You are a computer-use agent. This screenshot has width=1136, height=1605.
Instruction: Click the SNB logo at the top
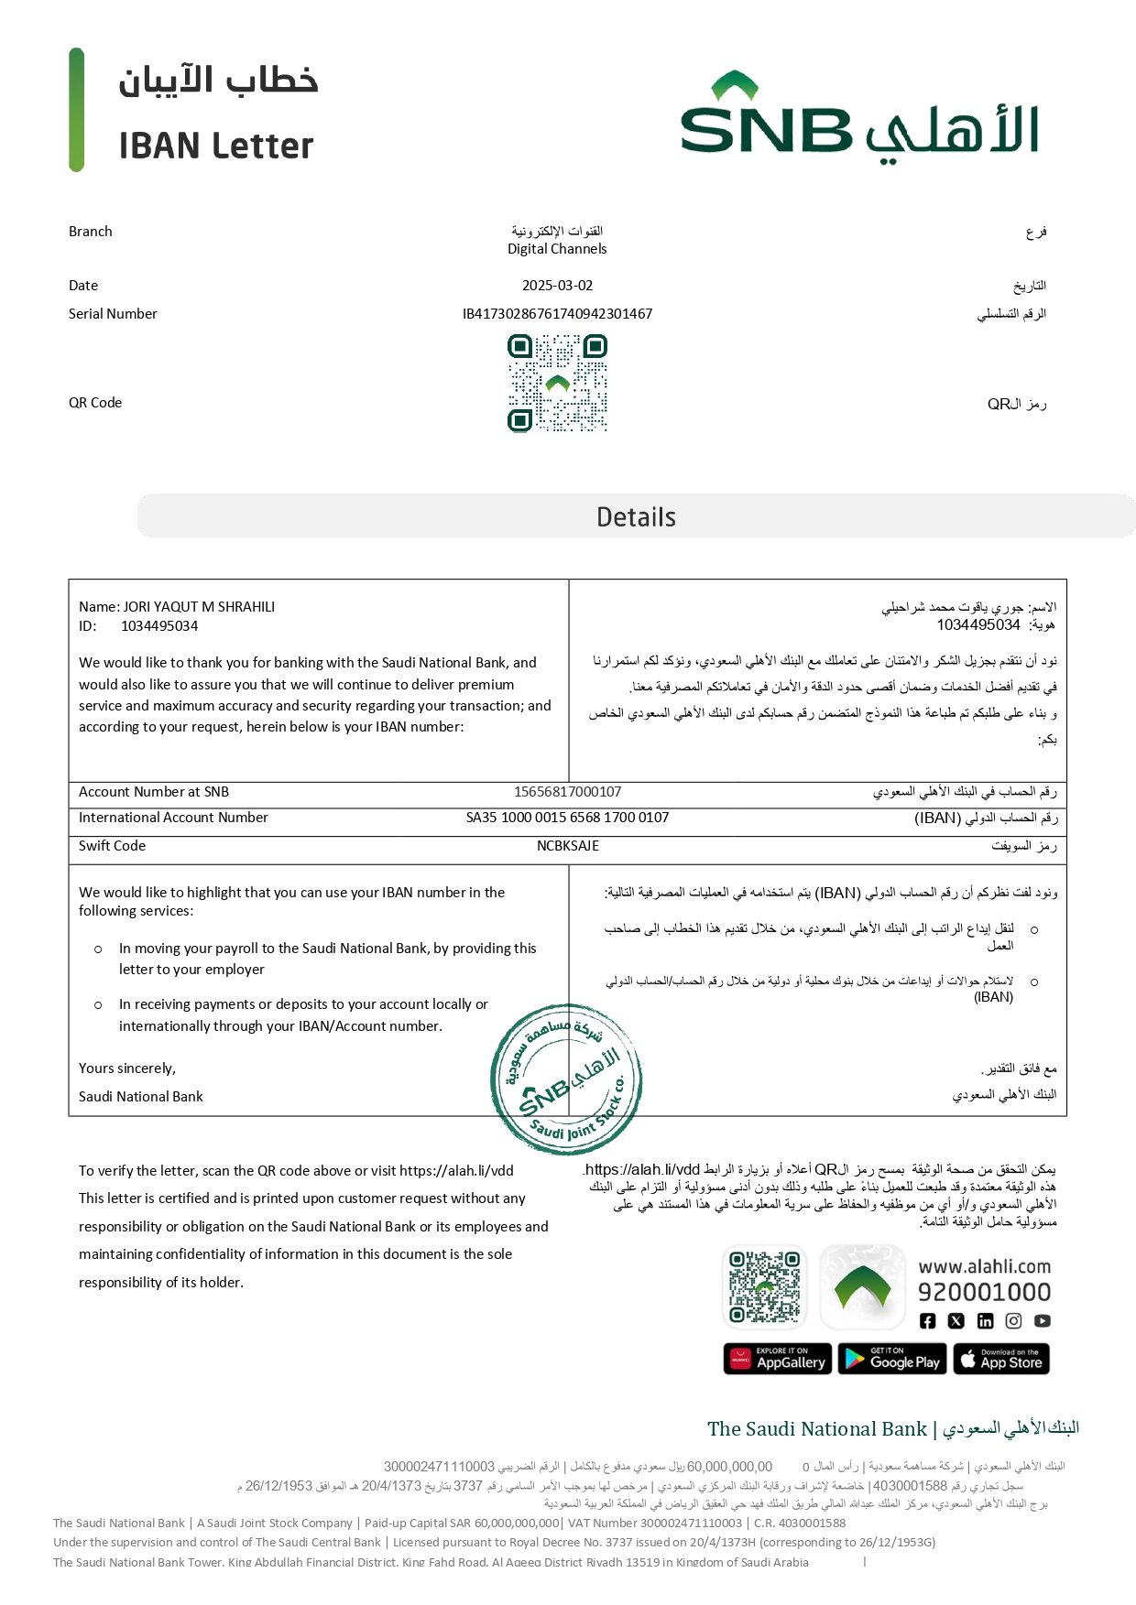pyautogui.click(x=858, y=118)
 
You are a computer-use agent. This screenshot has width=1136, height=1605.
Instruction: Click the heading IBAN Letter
pyautogui.click(x=216, y=146)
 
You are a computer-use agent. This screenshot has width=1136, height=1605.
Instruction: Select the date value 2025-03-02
pyautogui.click(x=557, y=286)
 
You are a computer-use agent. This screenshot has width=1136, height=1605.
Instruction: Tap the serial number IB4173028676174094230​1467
pyautogui.click(x=557, y=314)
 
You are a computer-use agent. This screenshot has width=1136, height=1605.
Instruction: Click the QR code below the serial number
pyautogui.click(x=557, y=383)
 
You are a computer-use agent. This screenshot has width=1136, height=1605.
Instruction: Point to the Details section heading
pyautogui.click(x=636, y=517)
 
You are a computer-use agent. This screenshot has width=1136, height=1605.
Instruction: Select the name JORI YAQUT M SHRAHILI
pyautogui.click(x=199, y=607)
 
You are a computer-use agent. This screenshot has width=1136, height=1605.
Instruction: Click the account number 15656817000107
pyautogui.click(x=567, y=792)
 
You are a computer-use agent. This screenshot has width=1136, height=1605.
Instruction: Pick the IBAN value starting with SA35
pyautogui.click(x=567, y=818)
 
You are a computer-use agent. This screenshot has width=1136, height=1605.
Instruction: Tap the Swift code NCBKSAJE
pyautogui.click(x=567, y=846)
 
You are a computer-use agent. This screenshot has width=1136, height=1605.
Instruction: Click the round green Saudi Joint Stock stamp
pyautogui.click(x=566, y=1079)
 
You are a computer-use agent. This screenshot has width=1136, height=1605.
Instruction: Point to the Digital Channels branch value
pyautogui.click(x=557, y=249)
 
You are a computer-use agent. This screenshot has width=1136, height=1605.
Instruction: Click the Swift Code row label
pyautogui.click(x=112, y=846)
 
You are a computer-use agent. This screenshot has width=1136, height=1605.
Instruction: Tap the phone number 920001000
pyautogui.click(x=984, y=1292)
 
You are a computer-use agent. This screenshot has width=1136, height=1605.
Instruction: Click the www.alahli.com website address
pyautogui.click(x=984, y=1267)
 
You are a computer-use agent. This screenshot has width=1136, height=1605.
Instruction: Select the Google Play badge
pyautogui.click(x=892, y=1360)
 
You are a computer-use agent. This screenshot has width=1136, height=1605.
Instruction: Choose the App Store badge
pyautogui.click(x=1001, y=1360)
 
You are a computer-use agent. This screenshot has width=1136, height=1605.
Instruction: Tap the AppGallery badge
pyautogui.click(x=778, y=1360)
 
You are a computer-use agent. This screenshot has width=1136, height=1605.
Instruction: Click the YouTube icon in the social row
pyautogui.click(x=1043, y=1321)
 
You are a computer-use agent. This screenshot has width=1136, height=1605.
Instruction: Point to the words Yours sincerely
pyautogui.click(x=127, y=1068)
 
